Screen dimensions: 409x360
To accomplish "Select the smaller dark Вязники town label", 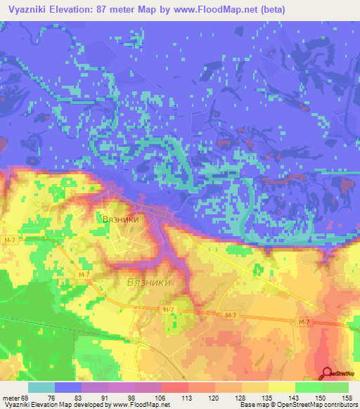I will point(127,219).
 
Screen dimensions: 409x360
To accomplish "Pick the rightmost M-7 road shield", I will point(304,322).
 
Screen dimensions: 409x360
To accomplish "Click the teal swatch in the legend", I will point(41,387).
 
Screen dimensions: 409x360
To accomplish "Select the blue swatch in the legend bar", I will point(68,387).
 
